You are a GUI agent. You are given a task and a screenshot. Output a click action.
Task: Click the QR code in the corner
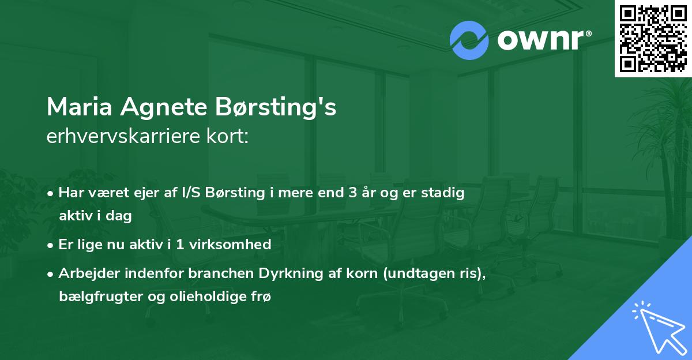coord(653,38)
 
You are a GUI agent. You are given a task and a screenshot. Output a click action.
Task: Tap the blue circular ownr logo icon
coord(469,40)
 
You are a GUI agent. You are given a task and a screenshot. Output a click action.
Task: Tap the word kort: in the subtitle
coord(229,137)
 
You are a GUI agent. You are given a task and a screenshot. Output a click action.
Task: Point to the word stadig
coord(443,193)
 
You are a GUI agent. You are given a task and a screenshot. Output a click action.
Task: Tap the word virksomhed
coord(235,244)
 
